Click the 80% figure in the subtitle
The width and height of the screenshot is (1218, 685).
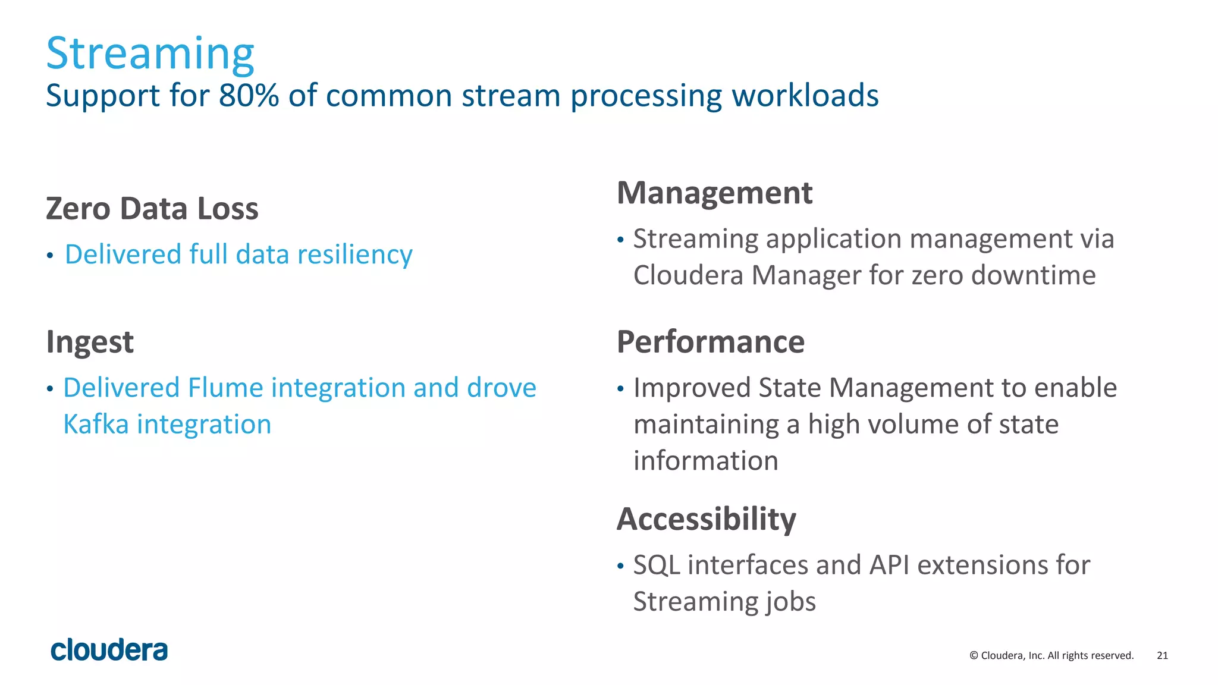[x=249, y=96]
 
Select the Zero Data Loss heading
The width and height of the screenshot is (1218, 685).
[x=152, y=209]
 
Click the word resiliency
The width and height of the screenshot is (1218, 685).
[x=354, y=255]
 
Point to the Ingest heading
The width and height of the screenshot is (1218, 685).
[x=90, y=342]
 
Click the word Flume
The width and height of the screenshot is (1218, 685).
[x=225, y=388]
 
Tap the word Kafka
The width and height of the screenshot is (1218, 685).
[x=96, y=425]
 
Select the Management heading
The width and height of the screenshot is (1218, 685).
[x=714, y=193]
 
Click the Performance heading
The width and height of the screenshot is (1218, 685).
[x=710, y=342]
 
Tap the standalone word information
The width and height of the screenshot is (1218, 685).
[x=705, y=461]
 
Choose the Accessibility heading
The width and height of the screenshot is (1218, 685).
[x=706, y=519]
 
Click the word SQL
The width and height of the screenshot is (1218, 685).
[x=657, y=565]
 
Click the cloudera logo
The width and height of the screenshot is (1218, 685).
[x=109, y=650]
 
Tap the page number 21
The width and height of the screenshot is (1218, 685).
[x=1162, y=655]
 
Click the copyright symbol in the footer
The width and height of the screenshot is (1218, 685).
[x=974, y=655]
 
